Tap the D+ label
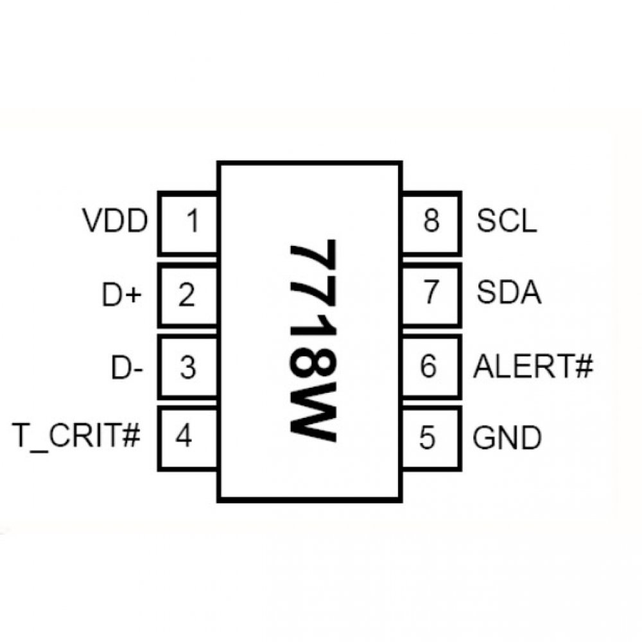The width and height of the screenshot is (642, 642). (121, 295)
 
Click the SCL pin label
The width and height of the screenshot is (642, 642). (506, 222)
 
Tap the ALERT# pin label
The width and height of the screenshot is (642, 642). (532, 367)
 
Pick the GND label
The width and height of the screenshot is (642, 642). (507, 438)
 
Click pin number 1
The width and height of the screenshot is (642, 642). (192, 222)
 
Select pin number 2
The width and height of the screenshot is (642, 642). (186, 295)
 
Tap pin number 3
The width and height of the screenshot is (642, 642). (187, 368)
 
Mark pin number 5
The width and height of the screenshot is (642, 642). (427, 438)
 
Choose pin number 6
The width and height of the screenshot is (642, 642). (428, 367)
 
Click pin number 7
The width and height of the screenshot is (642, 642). (431, 294)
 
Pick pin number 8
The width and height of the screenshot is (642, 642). (431, 222)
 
